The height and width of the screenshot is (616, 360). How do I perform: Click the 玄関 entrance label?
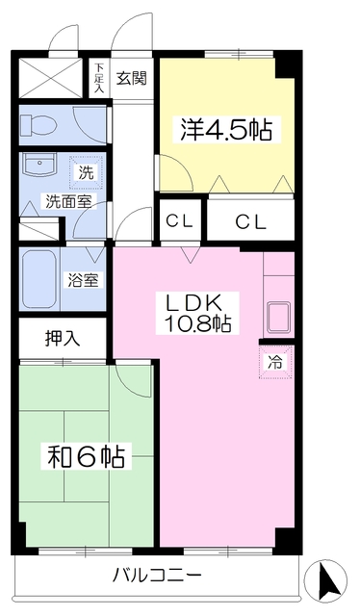[131, 79]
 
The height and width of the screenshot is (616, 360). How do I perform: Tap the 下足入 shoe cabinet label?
[98, 78]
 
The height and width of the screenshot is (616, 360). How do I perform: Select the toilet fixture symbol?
[39, 125]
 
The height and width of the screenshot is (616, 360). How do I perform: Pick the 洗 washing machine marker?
[86, 173]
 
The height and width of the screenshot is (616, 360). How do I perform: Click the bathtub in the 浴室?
[39, 279]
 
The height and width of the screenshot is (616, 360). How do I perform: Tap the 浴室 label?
[83, 280]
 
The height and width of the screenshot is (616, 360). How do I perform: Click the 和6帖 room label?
[87, 456]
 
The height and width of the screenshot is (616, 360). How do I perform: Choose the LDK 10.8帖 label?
[197, 313]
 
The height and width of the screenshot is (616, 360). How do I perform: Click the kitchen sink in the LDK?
[278, 317]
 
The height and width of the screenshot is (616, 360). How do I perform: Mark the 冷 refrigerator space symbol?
[275, 363]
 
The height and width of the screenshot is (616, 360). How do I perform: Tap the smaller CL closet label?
[179, 222]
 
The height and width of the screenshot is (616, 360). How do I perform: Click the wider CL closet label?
[251, 223]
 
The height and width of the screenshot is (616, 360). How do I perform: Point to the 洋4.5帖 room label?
[226, 130]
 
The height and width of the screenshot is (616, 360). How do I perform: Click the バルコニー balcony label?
[157, 577]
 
